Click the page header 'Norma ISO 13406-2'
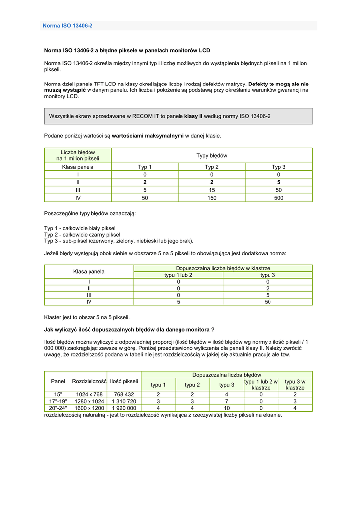68,26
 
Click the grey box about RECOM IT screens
178,116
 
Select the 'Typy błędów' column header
212,156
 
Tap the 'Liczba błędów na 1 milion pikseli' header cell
78,155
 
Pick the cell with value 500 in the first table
278,198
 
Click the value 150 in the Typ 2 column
212,198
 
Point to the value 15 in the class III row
212,190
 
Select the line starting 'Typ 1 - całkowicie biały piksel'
80,228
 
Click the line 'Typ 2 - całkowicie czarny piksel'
82,235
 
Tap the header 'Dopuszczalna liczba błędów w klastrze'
223,268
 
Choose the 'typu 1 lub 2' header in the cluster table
178,275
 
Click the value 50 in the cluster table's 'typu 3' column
268,301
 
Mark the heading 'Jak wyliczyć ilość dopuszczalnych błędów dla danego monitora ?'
129,329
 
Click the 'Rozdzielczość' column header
90,381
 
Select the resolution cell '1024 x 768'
90,394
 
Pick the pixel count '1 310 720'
124,401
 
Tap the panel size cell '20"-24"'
58,408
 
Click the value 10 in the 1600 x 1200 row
227,408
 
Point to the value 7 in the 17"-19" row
227,401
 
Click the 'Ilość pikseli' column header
124,381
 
